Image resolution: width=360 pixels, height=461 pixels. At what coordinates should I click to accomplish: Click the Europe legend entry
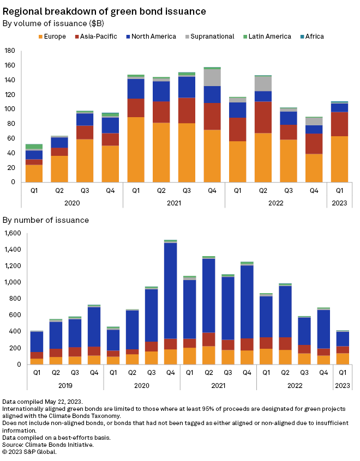pyautogui.click(x=52, y=37)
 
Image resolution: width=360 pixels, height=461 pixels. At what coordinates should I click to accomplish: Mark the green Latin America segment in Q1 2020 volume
pyautogui.click(x=34, y=147)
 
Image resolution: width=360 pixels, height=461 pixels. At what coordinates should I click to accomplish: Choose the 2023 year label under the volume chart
pyautogui.click(x=339, y=203)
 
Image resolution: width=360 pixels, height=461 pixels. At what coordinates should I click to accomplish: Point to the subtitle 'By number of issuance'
pyautogui.click(x=46, y=220)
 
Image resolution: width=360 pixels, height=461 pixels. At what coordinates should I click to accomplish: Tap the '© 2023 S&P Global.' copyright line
pyautogui.click(x=30, y=451)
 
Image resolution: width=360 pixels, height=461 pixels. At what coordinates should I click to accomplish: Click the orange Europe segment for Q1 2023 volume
pyautogui.click(x=339, y=159)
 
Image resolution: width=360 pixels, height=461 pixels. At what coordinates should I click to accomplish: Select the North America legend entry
pyautogui.click(x=150, y=37)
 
